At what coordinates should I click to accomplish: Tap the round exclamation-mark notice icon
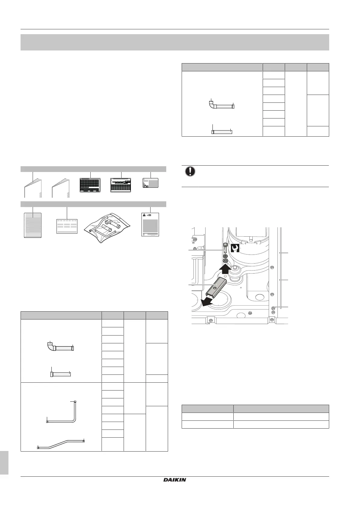190,171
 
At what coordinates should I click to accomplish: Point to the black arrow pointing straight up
225,270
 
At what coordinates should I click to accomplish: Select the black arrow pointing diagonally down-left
206,302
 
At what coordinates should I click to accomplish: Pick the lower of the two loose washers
225,261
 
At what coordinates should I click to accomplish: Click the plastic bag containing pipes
107,227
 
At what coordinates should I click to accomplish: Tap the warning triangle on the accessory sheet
144,215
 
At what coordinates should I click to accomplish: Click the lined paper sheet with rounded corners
33,225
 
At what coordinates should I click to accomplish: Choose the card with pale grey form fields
67,226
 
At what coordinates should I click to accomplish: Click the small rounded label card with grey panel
150,183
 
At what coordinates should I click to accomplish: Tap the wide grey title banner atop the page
175,42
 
